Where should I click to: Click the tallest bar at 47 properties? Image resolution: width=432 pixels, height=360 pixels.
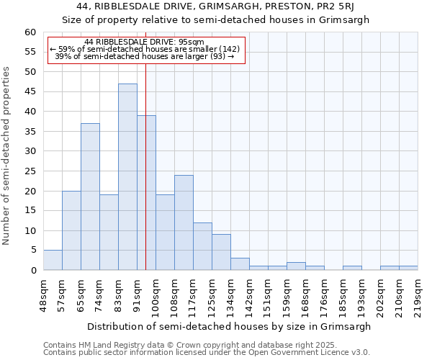click(127, 176)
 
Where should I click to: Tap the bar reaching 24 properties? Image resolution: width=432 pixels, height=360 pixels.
click(184, 222)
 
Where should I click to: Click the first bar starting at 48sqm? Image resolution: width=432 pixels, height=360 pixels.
click(53, 260)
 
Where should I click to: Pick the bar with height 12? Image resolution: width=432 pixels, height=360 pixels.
click(202, 246)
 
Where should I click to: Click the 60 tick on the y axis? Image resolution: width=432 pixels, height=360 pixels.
click(30, 32)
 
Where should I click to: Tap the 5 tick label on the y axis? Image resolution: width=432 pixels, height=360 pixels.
click(32, 251)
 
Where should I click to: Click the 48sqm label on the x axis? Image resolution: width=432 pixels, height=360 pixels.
click(43, 292)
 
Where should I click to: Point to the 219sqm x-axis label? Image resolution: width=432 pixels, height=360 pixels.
click(418, 294)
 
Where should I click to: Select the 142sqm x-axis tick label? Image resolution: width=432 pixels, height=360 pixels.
click(249, 294)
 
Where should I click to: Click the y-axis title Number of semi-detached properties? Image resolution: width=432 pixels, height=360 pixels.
click(7, 155)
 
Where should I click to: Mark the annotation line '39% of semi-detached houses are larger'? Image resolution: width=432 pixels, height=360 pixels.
click(144, 56)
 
